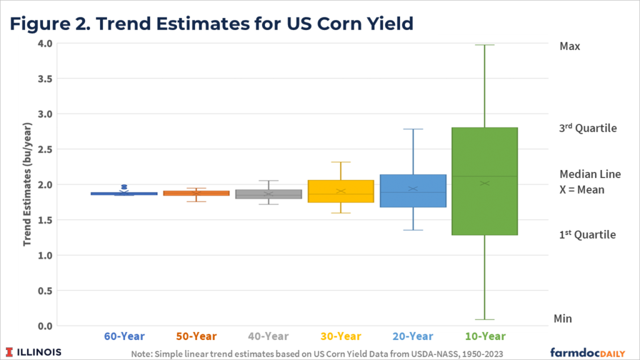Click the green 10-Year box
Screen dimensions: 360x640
484,181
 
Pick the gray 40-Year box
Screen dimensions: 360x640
269,194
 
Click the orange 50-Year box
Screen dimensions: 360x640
196,193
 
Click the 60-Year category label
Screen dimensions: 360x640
124,336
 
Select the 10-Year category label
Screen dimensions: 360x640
484,336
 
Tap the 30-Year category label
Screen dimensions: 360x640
341,336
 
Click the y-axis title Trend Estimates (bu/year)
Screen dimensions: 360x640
28,185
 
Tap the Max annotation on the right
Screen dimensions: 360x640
570,46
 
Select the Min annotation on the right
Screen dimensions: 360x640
562,319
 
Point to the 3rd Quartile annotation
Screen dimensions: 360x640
587,128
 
